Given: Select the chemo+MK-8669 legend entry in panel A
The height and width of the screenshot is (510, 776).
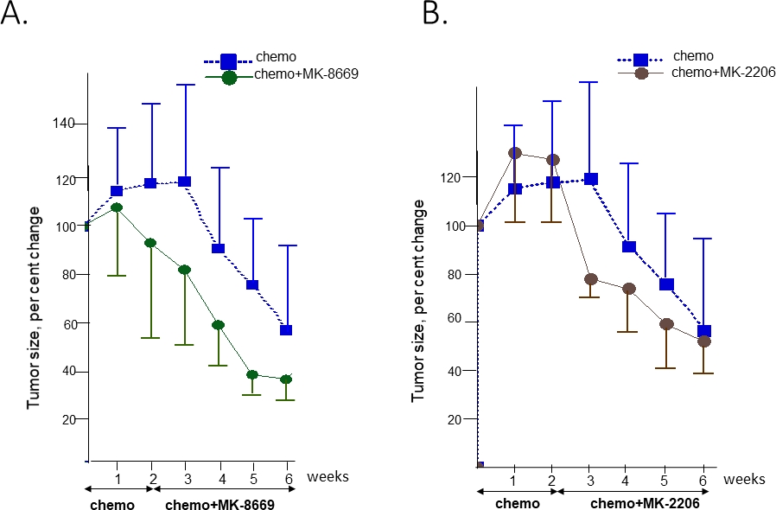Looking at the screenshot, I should (x=307, y=75).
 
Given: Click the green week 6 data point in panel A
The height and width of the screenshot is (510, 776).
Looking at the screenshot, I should (x=285, y=379).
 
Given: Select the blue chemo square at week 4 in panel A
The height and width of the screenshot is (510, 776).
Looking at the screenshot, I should (x=219, y=249).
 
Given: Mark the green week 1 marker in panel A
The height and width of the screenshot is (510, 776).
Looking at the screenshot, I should (x=117, y=207).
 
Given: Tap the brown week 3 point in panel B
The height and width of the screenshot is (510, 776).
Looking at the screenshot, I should (x=591, y=279).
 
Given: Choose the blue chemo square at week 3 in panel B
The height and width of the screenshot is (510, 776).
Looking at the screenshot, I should (x=591, y=179).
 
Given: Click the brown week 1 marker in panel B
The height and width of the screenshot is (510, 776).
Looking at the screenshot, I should (x=515, y=153).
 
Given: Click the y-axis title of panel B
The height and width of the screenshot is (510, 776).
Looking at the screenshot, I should (x=420, y=301).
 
